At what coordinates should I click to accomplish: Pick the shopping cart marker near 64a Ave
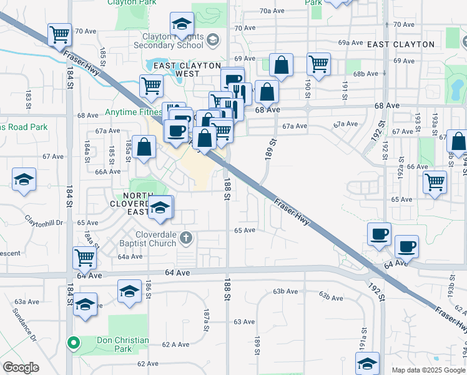[84, 256]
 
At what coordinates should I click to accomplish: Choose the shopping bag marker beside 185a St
[144, 147]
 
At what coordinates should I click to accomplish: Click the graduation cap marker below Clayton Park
[182, 24]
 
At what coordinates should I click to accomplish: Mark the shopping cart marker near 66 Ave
[435, 182]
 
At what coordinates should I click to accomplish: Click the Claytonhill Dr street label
[44, 222]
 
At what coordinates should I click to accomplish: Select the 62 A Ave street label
[175, 344]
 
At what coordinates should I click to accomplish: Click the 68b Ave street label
[366, 74]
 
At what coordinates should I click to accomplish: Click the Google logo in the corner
[21, 367]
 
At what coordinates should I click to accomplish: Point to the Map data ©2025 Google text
[428, 370]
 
